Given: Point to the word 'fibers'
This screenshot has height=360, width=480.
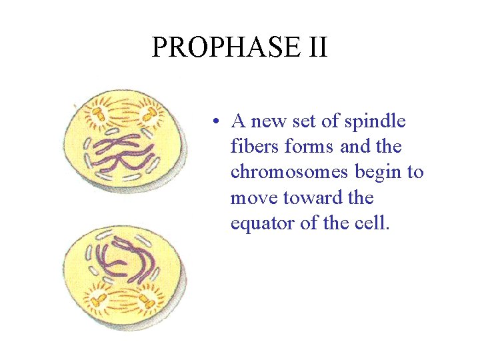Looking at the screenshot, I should click(251, 147).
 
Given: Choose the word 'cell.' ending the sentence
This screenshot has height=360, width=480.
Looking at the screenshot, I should click(371, 223).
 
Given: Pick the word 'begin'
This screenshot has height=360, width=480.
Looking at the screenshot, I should click(378, 172).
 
